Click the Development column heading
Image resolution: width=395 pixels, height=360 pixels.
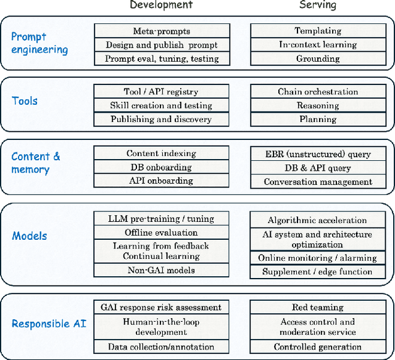(161, 6)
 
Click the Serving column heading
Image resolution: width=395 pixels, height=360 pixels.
(318, 6)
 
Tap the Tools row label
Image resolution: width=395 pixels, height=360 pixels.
(25, 100)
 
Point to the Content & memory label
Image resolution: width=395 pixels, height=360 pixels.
(36, 163)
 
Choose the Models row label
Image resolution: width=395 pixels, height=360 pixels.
(30, 236)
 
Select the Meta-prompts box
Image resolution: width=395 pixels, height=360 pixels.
(162, 31)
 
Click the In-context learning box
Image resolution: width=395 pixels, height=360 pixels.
(318, 45)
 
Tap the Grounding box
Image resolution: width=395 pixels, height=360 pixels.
(318, 59)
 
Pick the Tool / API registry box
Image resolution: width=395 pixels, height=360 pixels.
(162, 92)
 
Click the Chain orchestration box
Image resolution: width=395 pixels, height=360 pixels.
(318, 92)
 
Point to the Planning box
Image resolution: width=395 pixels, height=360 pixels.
(318, 120)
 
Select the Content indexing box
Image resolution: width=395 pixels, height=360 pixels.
(162, 153)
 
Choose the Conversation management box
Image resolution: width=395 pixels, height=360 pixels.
(318, 182)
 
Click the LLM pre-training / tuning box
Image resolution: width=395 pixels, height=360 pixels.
(162, 218)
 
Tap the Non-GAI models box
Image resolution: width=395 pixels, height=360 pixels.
(162, 269)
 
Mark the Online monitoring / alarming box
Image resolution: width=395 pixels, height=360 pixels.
(318, 258)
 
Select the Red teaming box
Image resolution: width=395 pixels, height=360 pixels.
(318, 307)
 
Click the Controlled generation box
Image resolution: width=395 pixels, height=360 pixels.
(318, 347)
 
